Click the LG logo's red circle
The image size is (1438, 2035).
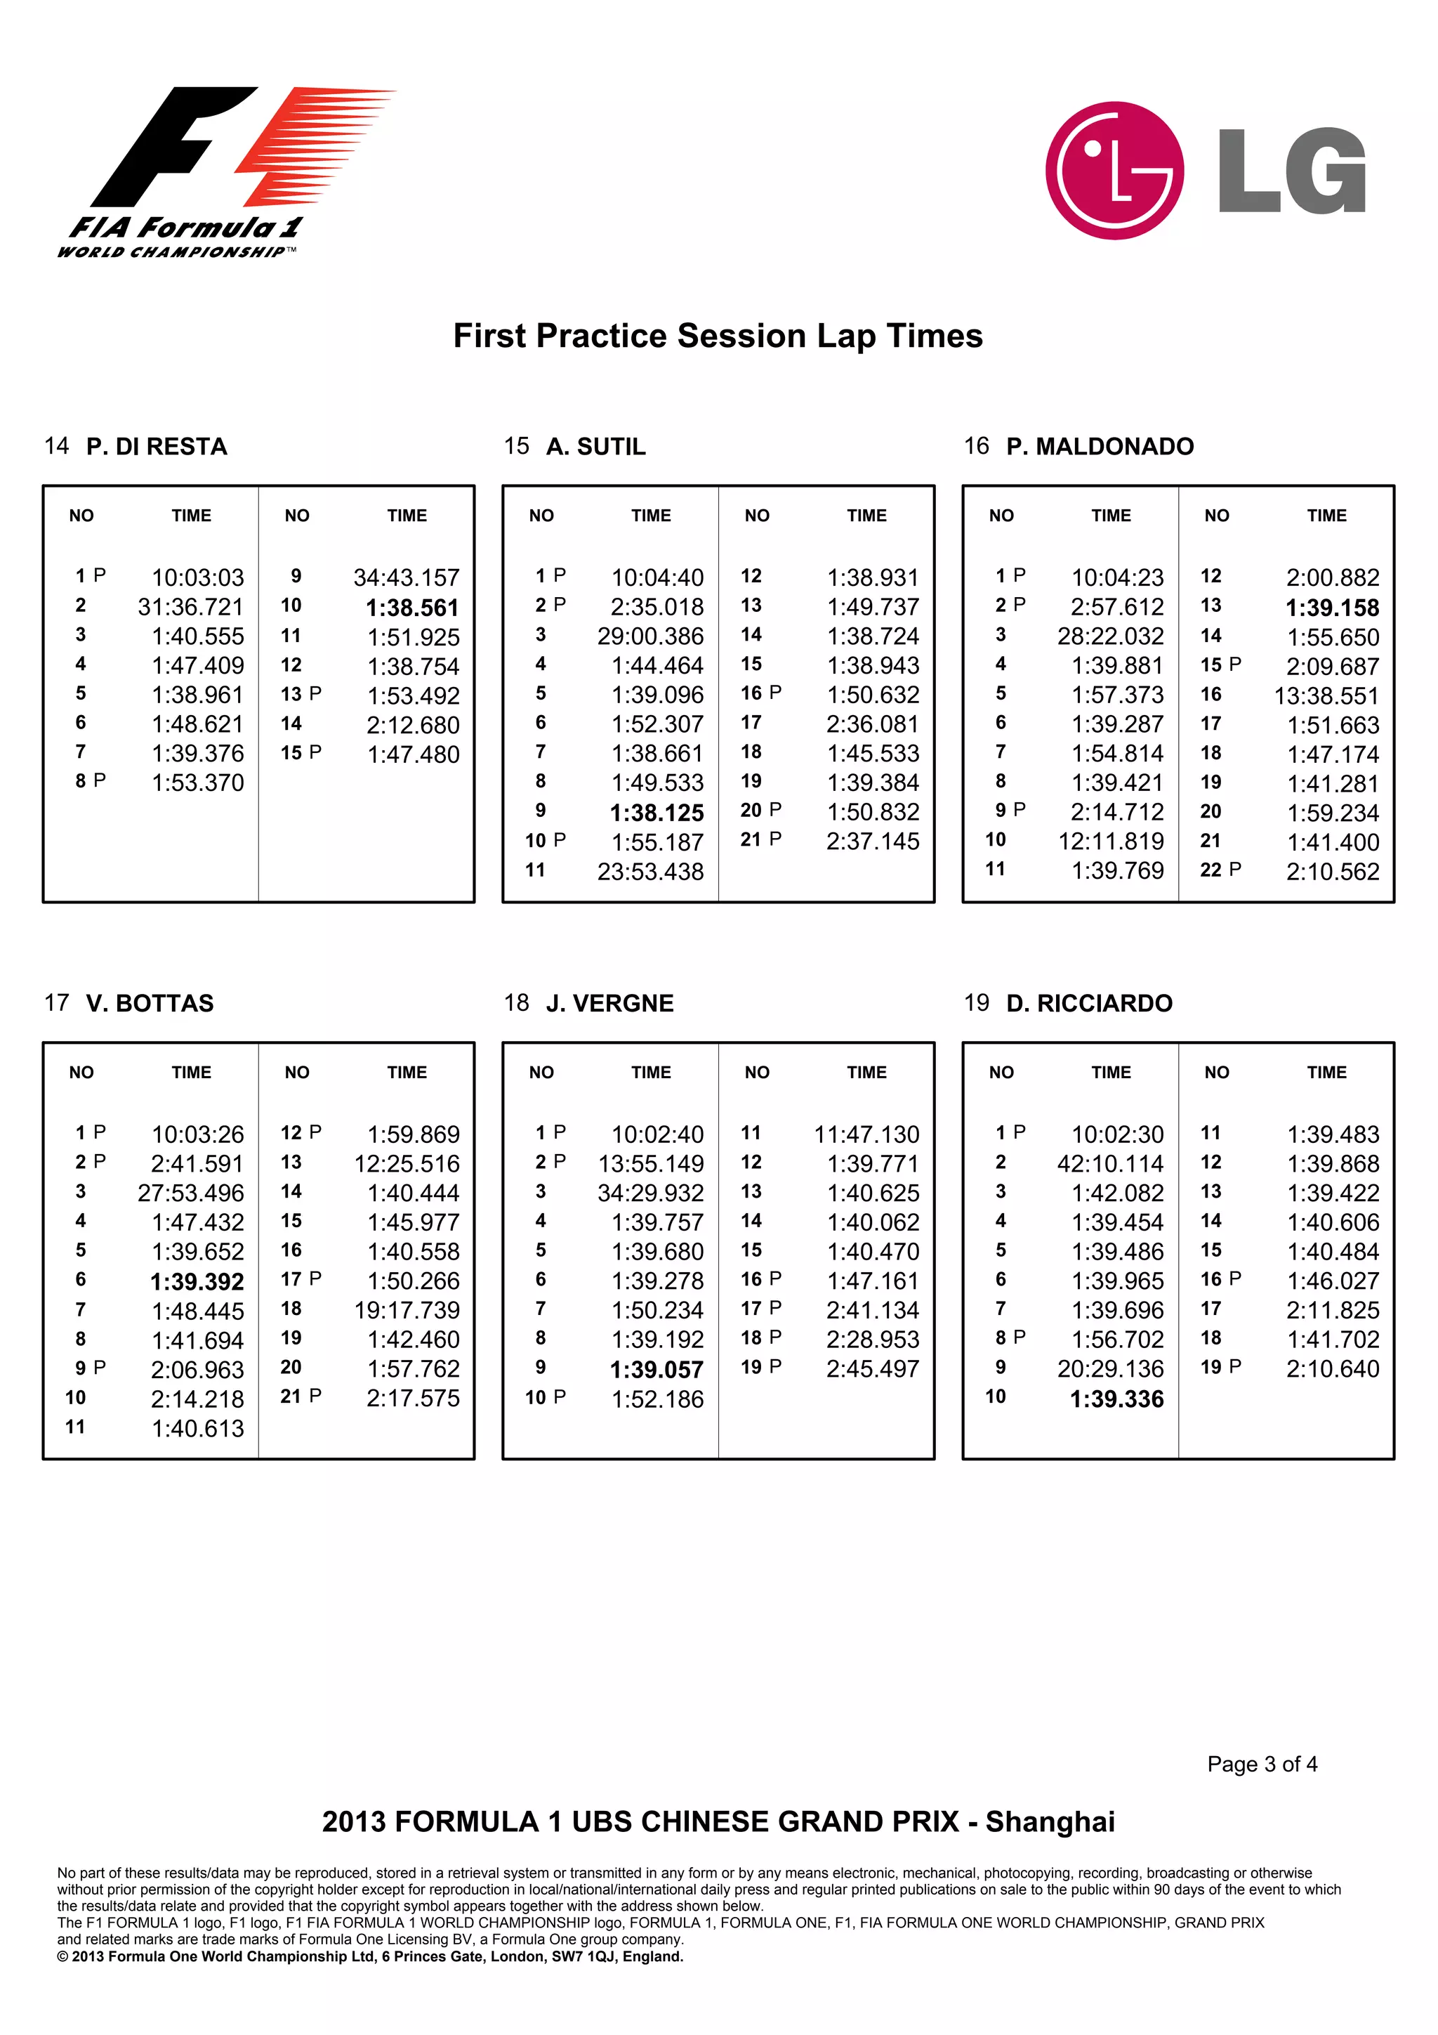[x=1114, y=170]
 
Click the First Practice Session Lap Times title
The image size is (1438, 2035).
[x=718, y=336]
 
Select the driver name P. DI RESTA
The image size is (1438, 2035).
[x=157, y=447]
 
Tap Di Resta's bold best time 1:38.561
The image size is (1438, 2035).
[x=412, y=608]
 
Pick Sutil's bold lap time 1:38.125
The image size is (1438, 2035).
[x=657, y=813]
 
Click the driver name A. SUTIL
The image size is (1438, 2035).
[x=595, y=447]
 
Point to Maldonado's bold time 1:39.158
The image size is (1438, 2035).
[x=1332, y=608]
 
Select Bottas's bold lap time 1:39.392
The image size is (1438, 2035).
[x=197, y=1282]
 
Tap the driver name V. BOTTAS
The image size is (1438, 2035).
[x=150, y=1003]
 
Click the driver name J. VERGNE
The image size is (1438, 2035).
[x=609, y=1003]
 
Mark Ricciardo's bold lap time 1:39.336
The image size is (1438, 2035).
[x=1116, y=1399]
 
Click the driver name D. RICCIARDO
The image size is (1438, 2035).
[x=1089, y=1003]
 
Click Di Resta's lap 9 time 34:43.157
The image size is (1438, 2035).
[x=406, y=578]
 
